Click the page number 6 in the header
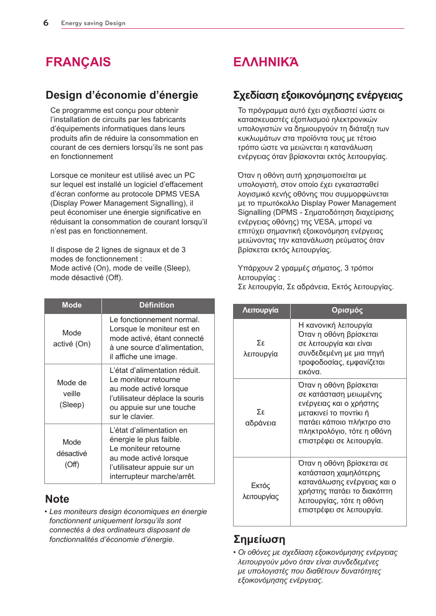[46, 23]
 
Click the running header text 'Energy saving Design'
[93, 23]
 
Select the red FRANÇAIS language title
[78, 62]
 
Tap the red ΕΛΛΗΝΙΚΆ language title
[266, 62]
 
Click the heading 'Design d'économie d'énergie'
[122, 95]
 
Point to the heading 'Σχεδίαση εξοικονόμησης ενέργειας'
[318, 95]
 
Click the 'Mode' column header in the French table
[72, 305]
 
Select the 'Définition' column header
[157, 305]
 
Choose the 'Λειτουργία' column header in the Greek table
[261, 310]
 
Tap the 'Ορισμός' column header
[347, 310]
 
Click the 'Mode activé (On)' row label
[72, 339]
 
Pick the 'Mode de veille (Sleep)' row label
[72, 393]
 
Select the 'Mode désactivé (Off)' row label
[72, 453]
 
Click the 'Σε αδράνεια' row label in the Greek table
[261, 418]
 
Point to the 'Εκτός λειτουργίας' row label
[261, 491]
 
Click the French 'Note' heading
[57, 499]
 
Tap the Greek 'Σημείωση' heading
[259, 539]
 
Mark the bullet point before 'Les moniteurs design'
[46, 512]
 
